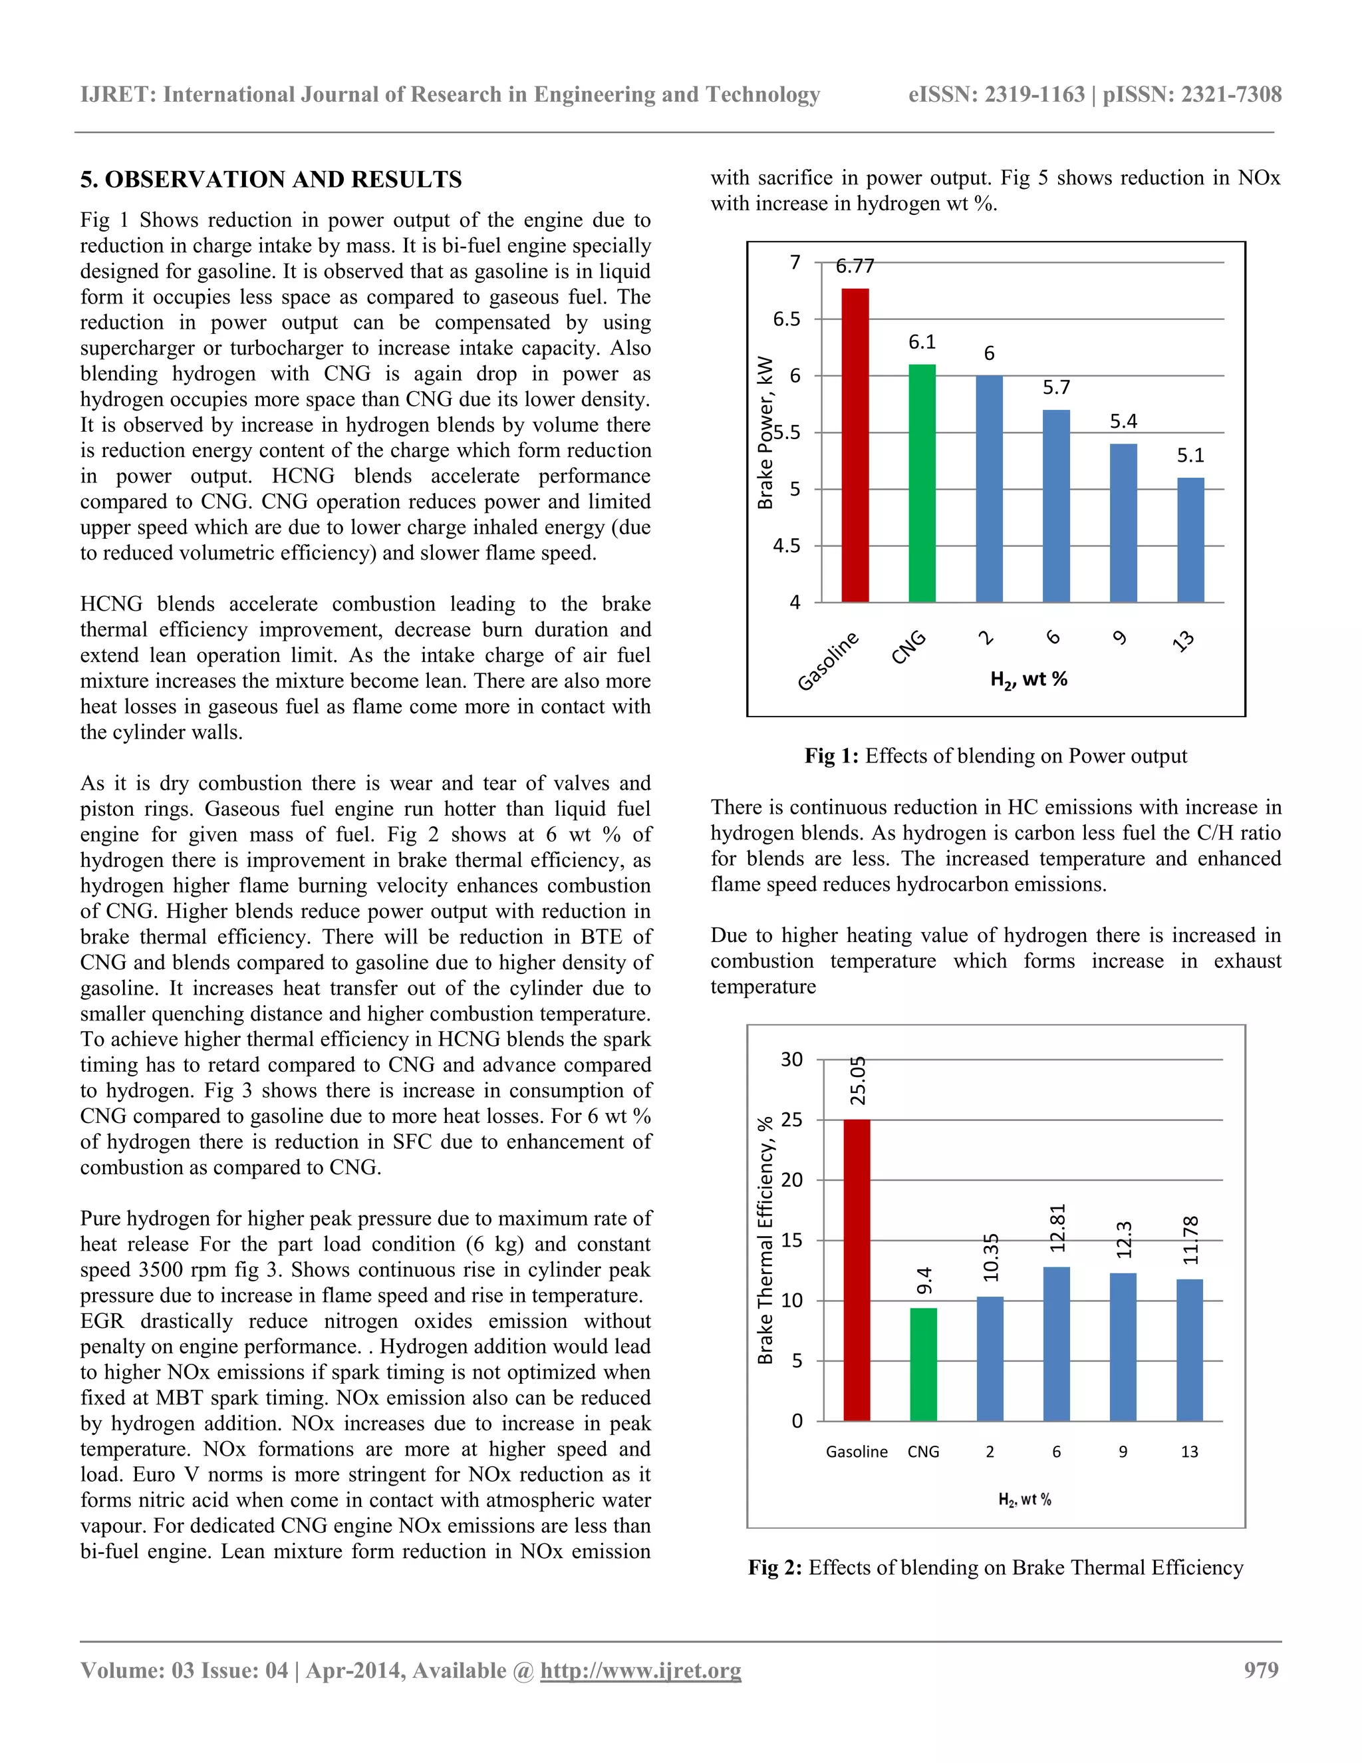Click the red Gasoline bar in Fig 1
[x=855, y=446]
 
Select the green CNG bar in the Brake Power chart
[x=922, y=484]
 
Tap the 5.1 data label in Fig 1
[x=1190, y=456]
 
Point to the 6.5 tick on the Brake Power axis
[x=787, y=319]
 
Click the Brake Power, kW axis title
[x=765, y=432]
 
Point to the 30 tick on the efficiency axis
[x=791, y=1059]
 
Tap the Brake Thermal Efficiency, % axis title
[x=765, y=1240]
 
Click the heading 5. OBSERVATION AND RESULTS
[x=271, y=179]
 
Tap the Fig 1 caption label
[x=831, y=756]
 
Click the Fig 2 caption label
[x=775, y=1567]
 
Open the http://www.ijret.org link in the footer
[x=640, y=1670]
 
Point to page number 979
[x=1261, y=1670]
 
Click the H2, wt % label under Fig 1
[x=1028, y=680]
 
